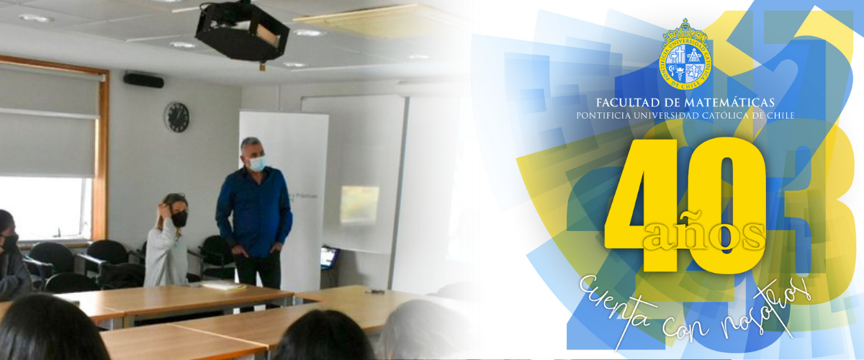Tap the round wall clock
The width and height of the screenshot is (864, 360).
176,117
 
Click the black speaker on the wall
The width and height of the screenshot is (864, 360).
143,80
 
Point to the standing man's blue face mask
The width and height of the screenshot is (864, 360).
257,163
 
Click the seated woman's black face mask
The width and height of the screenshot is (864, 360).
179,219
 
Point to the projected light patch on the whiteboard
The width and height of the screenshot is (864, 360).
359,205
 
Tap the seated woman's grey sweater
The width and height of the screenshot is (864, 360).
166,258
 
